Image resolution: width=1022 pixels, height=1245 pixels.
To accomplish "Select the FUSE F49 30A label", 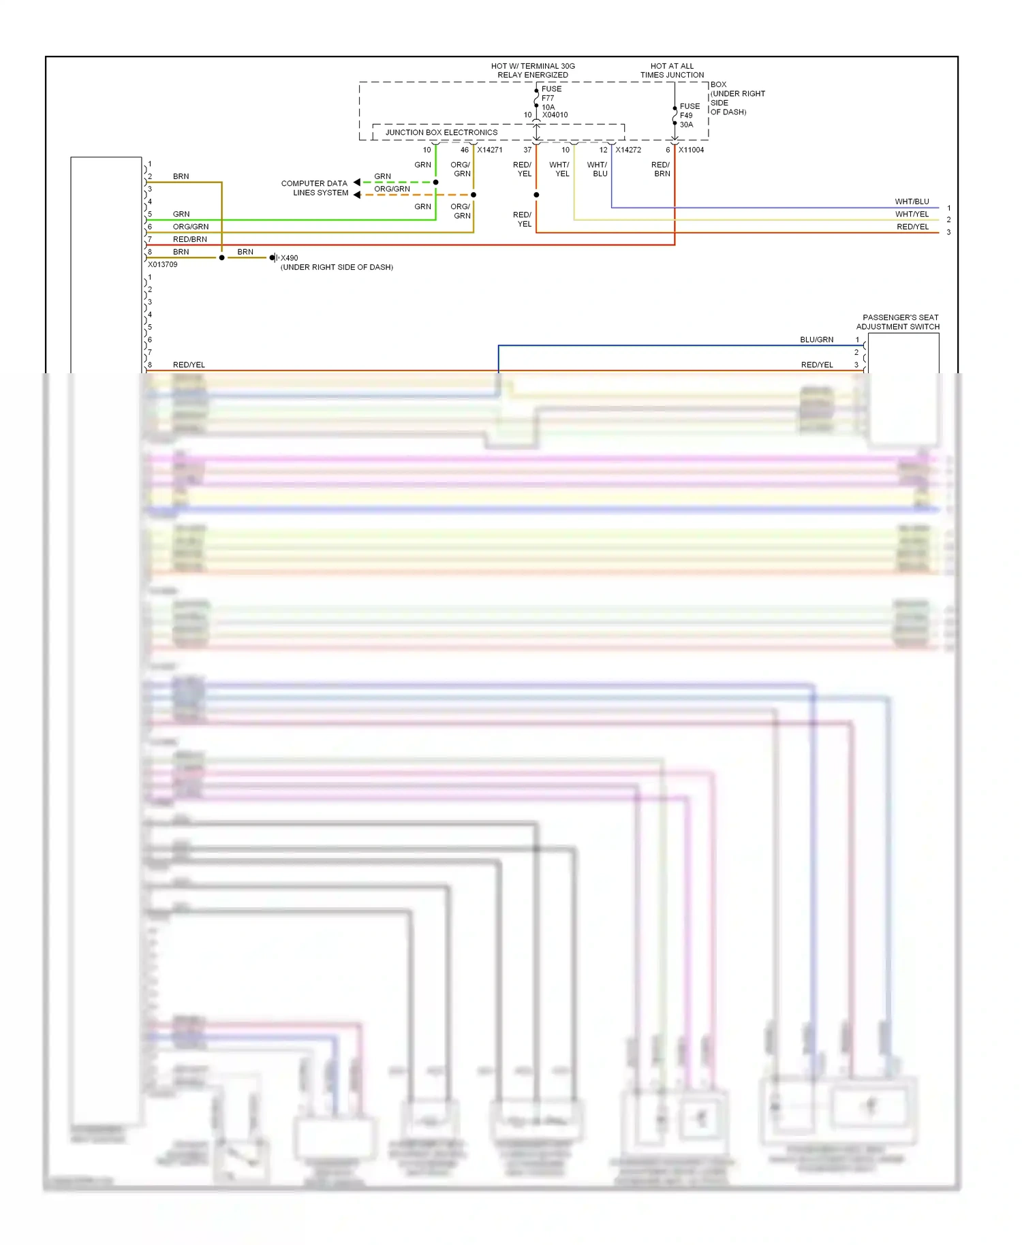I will (689, 115).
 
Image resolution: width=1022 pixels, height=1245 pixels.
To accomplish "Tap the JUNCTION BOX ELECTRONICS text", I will (441, 132).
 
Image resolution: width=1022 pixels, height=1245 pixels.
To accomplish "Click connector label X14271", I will (489, 150).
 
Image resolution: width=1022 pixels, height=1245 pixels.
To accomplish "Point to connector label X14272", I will (628, 150).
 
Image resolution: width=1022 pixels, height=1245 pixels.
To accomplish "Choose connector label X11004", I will (691, 150).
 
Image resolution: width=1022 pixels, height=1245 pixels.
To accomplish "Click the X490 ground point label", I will (289, 258).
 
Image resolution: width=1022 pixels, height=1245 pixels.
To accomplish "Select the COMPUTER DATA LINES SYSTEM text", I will (314, 188).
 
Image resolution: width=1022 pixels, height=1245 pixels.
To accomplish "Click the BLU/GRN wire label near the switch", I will (816, 340).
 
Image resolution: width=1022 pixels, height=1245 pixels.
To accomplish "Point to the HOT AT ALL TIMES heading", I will (672, 70).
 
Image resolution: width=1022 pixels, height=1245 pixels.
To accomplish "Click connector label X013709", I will (162, 265).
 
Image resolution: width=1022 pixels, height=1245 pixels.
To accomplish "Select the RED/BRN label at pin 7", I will (189, 239).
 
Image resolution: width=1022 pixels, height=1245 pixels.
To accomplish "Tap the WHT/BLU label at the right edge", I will (912, 202).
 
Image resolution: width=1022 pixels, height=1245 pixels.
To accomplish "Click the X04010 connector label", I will (555, 115).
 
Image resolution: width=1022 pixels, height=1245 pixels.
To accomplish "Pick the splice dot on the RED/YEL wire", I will (536, 195).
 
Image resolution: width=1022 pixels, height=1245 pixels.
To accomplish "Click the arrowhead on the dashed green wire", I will (357, 182).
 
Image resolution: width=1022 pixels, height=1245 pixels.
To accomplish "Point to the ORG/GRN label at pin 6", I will (190, 227).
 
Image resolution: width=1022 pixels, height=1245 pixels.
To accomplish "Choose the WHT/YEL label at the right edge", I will (912, 214).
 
